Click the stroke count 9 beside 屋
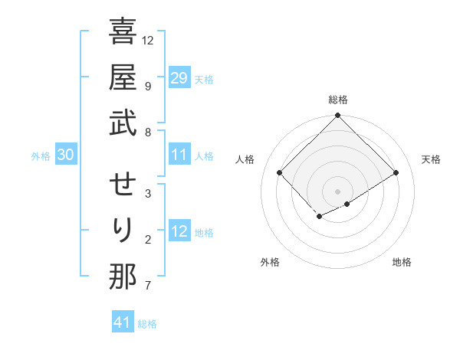148,86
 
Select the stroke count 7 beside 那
148,286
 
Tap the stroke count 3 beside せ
148,193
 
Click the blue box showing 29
179,78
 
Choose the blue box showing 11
179,155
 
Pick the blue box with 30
65,155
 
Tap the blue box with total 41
123,322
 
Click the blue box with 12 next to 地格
179,231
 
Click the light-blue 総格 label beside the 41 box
147,324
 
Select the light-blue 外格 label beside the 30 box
41,156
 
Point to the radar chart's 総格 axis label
337,100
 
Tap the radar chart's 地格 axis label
402,262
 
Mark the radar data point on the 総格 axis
337,116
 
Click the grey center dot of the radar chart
337,191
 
